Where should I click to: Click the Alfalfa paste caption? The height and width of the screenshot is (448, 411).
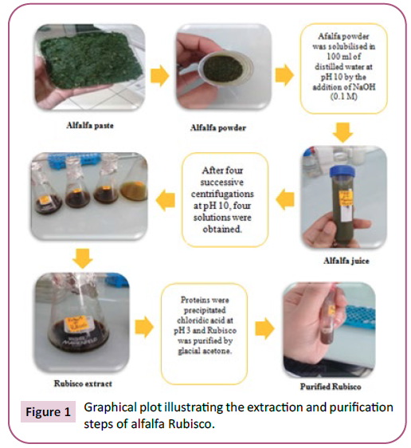point(90,125)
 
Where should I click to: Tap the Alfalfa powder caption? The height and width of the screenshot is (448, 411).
point(218,128)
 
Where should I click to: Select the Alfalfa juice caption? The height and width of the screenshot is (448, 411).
point(346,261)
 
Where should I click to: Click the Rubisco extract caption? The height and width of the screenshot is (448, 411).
point(83,383)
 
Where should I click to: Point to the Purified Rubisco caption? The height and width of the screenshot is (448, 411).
point(331,387)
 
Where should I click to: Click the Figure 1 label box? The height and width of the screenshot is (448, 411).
point(48,411)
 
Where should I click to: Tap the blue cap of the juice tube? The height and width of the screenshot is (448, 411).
point(342,173)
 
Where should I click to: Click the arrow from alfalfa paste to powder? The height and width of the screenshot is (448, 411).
point(160,76)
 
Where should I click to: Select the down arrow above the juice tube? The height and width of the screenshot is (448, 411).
point(342,133)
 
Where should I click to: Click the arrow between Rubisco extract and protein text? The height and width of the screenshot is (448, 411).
point(144,327)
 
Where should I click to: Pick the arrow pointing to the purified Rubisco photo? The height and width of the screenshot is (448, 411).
point(264,328)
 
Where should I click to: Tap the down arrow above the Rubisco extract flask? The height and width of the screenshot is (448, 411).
point(83,258)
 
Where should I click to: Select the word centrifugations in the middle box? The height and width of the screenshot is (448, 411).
point(222,194)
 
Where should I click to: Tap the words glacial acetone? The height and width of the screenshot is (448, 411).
point(205,351)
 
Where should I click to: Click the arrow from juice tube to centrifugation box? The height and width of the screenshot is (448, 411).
point(285,199)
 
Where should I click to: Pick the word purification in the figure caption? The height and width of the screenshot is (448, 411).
point(361,407)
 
